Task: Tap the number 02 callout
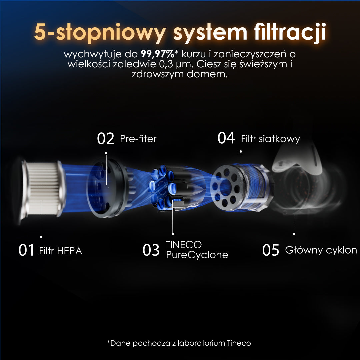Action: (x=105, y=138)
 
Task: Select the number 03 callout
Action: (x=151, y=250)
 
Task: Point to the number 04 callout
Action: (x=226, y=138)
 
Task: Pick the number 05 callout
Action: (x=271, y=250)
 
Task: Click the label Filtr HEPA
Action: (x=61, y=251)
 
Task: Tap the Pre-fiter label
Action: (x=138, y=139)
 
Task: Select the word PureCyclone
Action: (x=197, y=255)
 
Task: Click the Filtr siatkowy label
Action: (x=270, y=139)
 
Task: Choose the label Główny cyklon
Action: (x=321, y=250)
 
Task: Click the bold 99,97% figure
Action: (x=158, y=54)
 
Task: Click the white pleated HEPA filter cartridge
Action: (x=42, y=189)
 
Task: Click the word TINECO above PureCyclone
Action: (x=184, y=245)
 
